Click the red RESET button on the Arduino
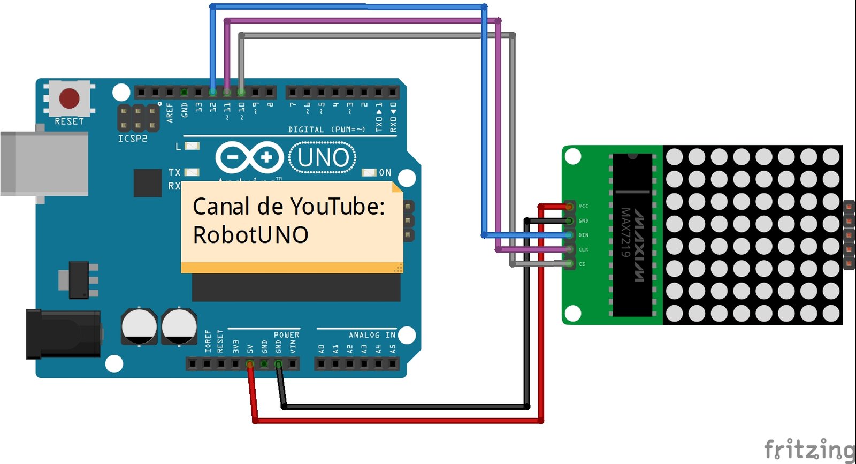point(69,98)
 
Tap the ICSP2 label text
point(132,139)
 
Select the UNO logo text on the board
point(323,158)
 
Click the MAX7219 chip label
point(625,232)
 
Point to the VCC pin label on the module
point(583,206)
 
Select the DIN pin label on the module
point(583,235)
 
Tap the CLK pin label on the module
point(583,249)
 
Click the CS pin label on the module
point(582,264)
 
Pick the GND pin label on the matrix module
point(583,220)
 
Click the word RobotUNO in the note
point(250,235)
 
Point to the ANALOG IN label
point(372,335)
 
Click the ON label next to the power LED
point(385,173)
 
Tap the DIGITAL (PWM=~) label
point(326,130)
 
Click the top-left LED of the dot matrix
point(675,157)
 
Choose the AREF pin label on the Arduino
point(170,113)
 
